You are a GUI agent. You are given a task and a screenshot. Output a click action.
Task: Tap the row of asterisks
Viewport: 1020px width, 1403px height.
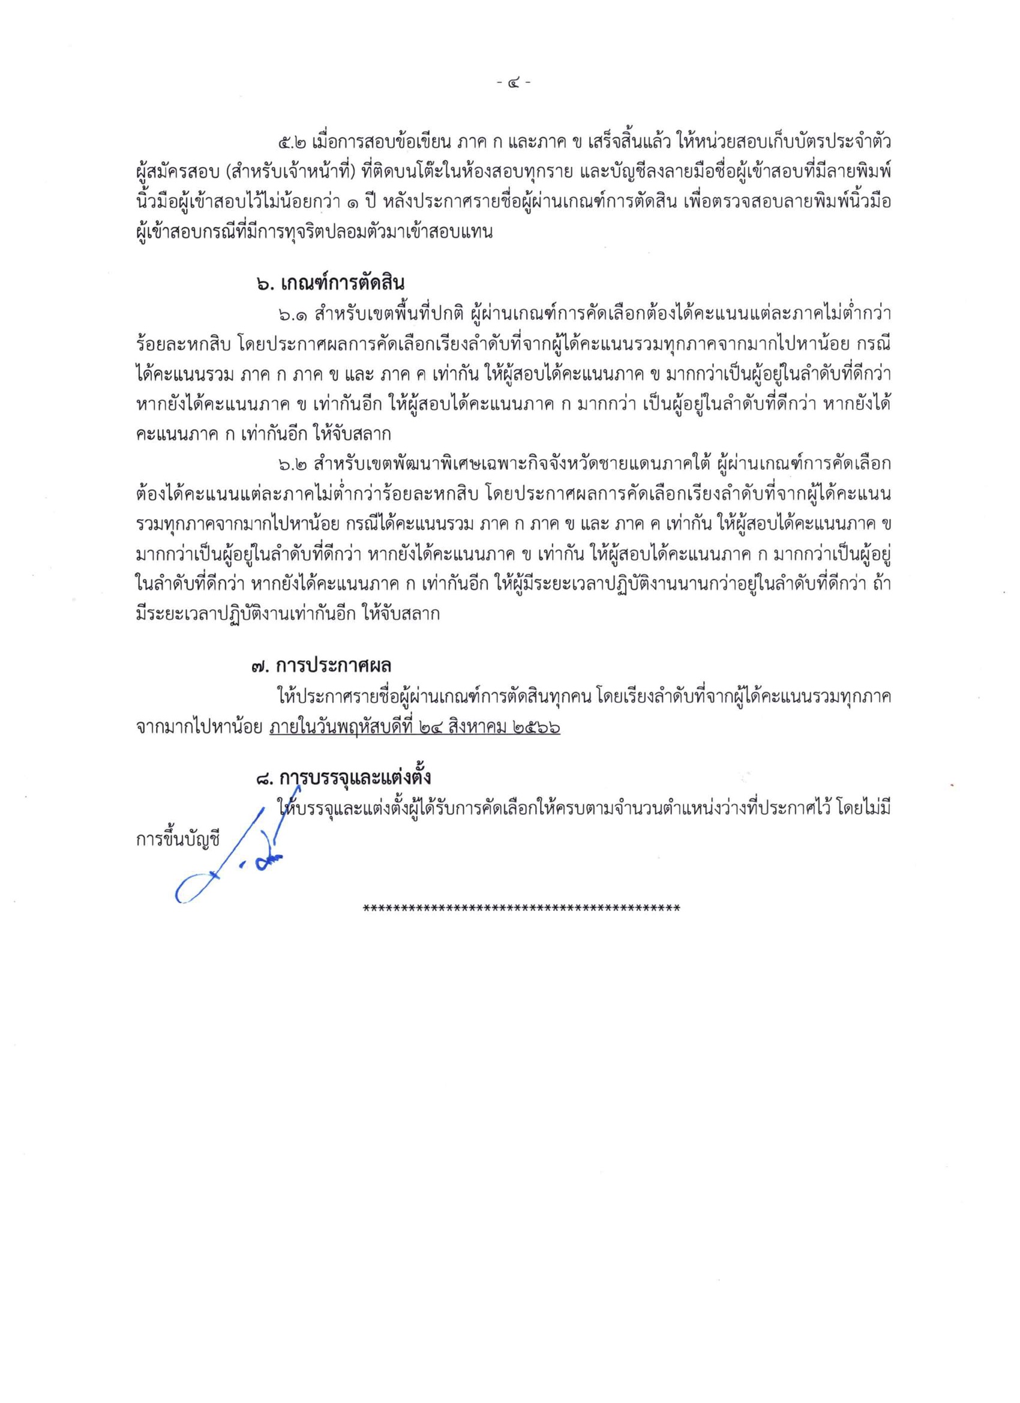click(x=521, y=909)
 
